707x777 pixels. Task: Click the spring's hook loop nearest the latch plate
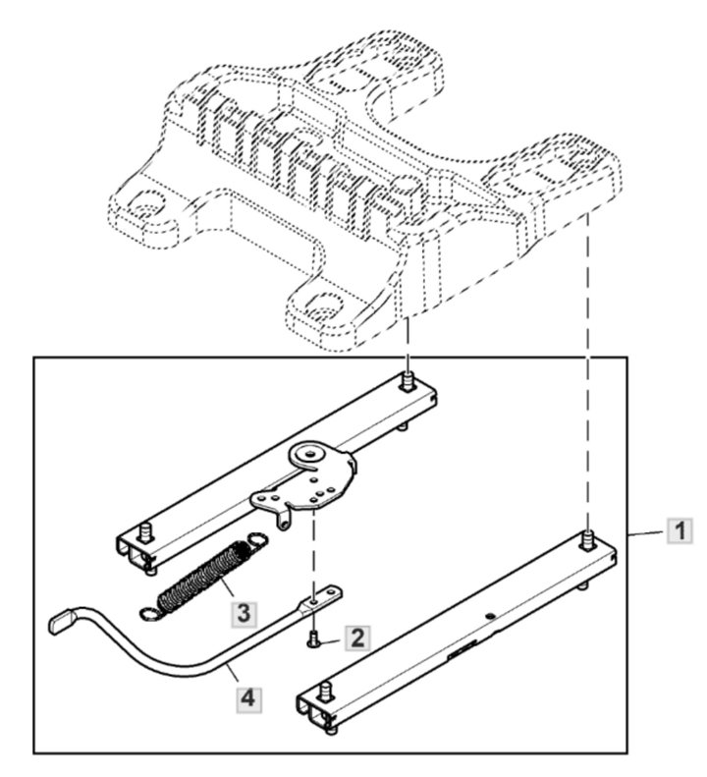pos(257,537)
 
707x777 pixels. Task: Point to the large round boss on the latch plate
pos(311,455)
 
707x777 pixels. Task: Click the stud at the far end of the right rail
pos(587,538)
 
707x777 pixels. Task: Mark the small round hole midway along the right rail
pos(489,618)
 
